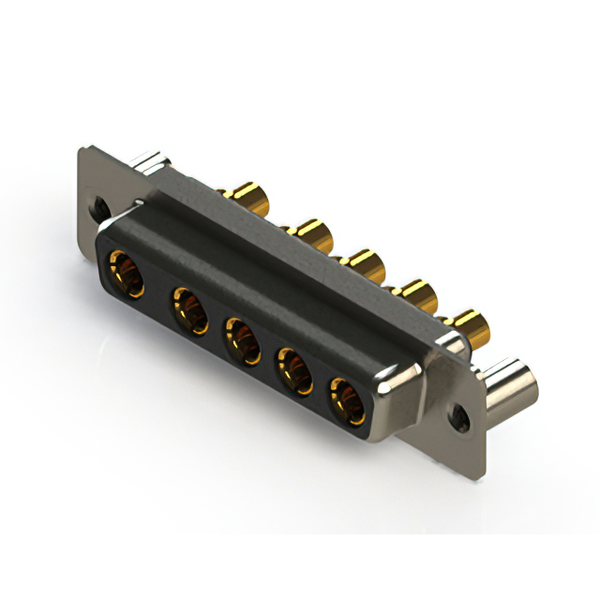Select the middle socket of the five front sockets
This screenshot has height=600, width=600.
click(x=242, y=341)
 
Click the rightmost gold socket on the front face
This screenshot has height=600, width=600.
click(x=347, y=398)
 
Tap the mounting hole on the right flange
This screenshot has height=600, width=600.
click(x=461, y=413)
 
